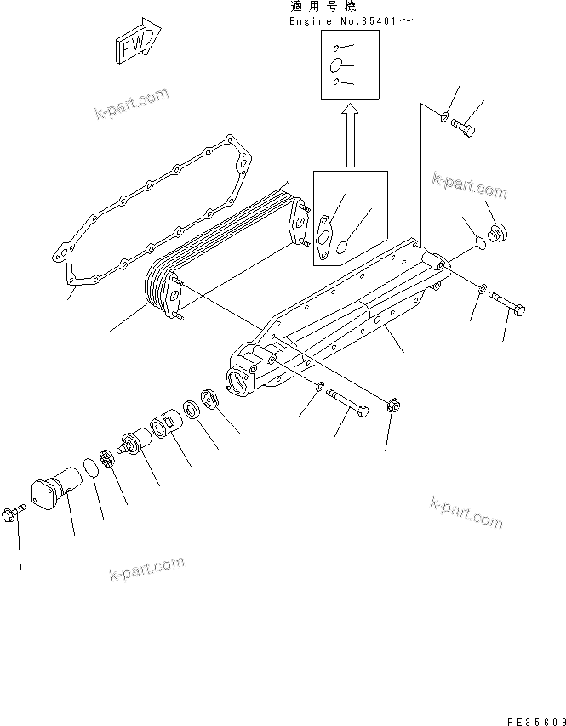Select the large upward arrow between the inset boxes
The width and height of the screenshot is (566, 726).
tap(349, 136)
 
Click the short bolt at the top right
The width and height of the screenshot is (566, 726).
tap(464, 128)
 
